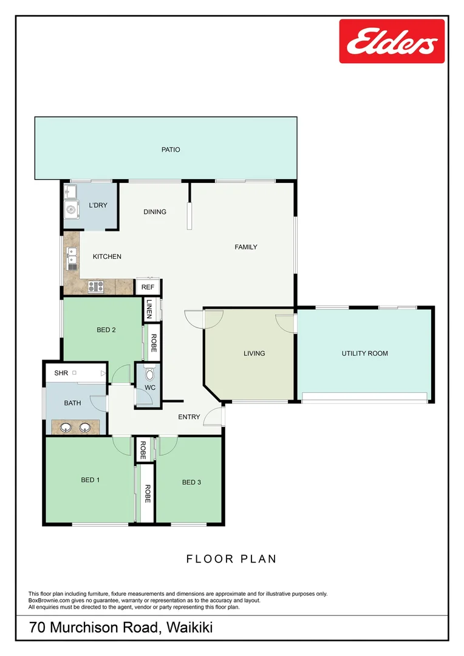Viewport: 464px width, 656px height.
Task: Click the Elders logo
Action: [392, 41]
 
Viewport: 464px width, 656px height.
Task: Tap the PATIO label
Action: [171, 149]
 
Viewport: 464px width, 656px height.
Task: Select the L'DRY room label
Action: [98, 205]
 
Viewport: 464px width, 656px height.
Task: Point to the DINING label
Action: [155, 212]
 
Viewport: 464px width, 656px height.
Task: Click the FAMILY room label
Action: [246, 247]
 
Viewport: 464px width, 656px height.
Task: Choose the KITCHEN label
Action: [107, 257]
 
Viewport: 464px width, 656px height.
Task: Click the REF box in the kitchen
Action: [148, 287]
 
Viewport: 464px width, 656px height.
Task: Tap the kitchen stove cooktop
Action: [95, 285]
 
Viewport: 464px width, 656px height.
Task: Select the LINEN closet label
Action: [149, 309]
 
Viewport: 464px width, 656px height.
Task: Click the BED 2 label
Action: [106, 330]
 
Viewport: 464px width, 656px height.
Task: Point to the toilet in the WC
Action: [150, 375]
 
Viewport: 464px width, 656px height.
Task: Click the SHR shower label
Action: [61, 373]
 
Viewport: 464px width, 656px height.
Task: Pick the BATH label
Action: [73, 403]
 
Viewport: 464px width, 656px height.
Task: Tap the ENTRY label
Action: [189, 417]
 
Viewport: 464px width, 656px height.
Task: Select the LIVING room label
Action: [254, 354]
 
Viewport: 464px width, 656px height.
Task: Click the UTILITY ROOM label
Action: [364, 354]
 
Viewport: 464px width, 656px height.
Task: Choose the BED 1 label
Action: [90, 480]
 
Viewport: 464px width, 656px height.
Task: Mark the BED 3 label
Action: [191, 482]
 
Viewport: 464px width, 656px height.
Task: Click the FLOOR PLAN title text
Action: [231, 559]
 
